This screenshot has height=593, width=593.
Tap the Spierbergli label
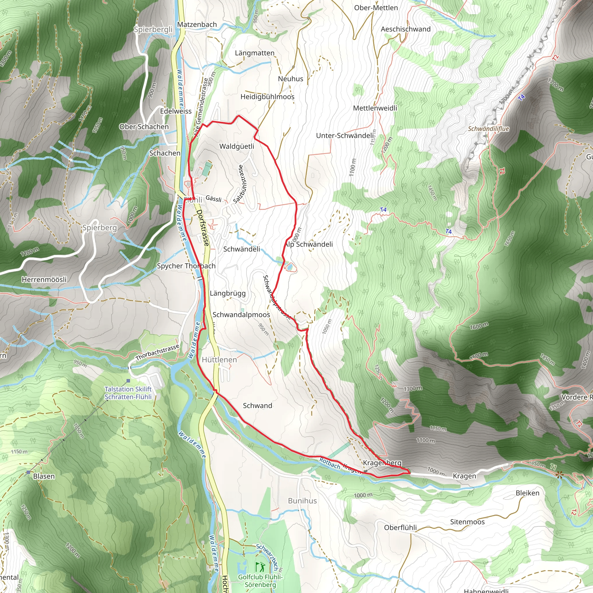153,30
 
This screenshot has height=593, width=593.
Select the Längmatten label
255,53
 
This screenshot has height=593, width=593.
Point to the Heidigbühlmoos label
267,97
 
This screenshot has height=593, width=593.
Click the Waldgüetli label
237,147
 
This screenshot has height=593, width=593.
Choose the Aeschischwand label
405,29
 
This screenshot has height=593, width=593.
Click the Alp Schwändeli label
309,244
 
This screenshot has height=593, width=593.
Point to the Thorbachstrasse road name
157,352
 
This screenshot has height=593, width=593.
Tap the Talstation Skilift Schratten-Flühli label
128,393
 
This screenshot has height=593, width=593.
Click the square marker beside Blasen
28,472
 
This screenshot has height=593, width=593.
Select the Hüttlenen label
219,360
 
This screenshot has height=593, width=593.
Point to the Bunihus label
302,501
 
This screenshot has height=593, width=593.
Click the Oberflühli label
400,528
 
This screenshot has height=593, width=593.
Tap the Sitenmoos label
467,522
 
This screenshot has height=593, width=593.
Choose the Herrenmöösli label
44,280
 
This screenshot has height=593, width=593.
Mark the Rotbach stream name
330,463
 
